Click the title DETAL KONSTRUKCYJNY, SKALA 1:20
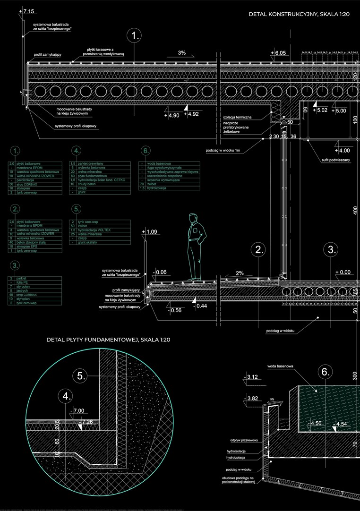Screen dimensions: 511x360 click(x=299, y=15)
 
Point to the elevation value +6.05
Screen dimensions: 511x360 click(x=279, y=53)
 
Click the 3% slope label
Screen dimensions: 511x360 click(x=182, y=53)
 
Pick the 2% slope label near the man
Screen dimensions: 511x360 click(x=240, y=273)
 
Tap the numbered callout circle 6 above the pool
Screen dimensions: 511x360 click(x=325, y=372)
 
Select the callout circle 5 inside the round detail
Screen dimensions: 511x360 click(x=81, y=376)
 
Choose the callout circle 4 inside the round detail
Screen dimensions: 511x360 click(x=67, y=396)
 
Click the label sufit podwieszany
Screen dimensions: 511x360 click(x=336, y=161)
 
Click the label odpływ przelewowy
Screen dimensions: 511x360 click(x=244, y=440)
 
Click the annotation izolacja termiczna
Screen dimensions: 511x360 click(x=238, y=117)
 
